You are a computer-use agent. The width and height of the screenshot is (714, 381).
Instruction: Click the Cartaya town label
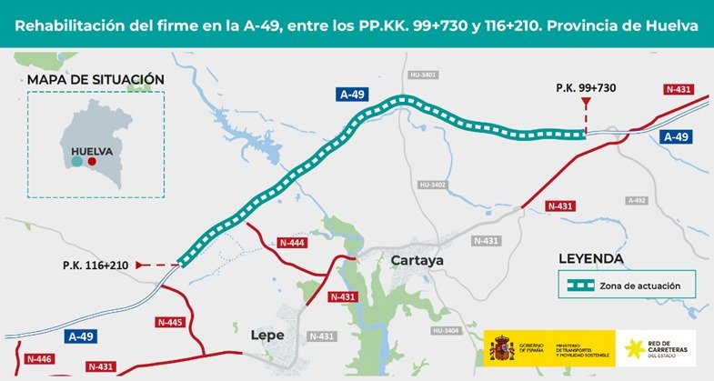coord(416,261)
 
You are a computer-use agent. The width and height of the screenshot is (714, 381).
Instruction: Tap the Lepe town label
coord(267,335)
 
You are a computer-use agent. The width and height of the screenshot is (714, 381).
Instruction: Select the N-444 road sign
coord(293,243)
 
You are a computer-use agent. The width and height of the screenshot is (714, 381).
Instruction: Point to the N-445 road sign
coord(170,322)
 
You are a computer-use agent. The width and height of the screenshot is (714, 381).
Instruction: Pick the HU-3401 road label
coord(425,75)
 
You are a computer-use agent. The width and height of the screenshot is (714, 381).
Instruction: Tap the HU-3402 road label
coord(433,185)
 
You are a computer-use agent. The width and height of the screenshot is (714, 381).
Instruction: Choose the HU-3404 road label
coord(448,330)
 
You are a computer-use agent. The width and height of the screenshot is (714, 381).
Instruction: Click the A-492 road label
coord(637,200)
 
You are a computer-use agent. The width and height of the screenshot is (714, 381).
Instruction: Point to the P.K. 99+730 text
coord(586,87)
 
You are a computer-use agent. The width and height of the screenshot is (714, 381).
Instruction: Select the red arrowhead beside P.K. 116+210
coord(139,265)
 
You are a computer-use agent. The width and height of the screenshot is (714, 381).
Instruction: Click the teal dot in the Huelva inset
coord(77,161)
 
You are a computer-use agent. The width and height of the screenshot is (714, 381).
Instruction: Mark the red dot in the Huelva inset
coord(92,161)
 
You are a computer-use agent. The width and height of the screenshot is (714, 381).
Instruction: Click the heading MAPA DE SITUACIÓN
coord(96,80)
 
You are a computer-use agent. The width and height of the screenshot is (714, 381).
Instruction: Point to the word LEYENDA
coord(591,259)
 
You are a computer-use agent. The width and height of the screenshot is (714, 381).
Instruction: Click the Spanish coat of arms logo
coord(501,349)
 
